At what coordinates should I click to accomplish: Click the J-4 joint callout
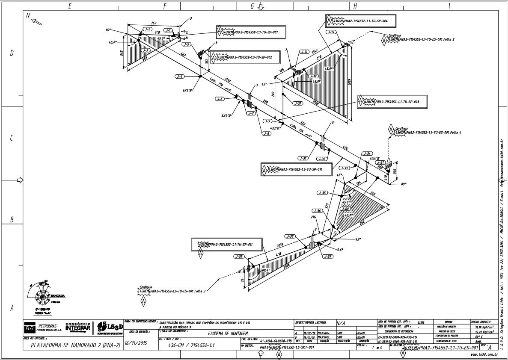click(x=179, y=76)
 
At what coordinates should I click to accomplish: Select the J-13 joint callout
click(x=331, y=32)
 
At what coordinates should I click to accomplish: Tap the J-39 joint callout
click(x=239, y=257)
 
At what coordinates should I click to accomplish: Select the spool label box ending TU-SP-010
click(x=297, y=169)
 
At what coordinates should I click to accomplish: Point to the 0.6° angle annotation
click(x=340, y=249)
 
